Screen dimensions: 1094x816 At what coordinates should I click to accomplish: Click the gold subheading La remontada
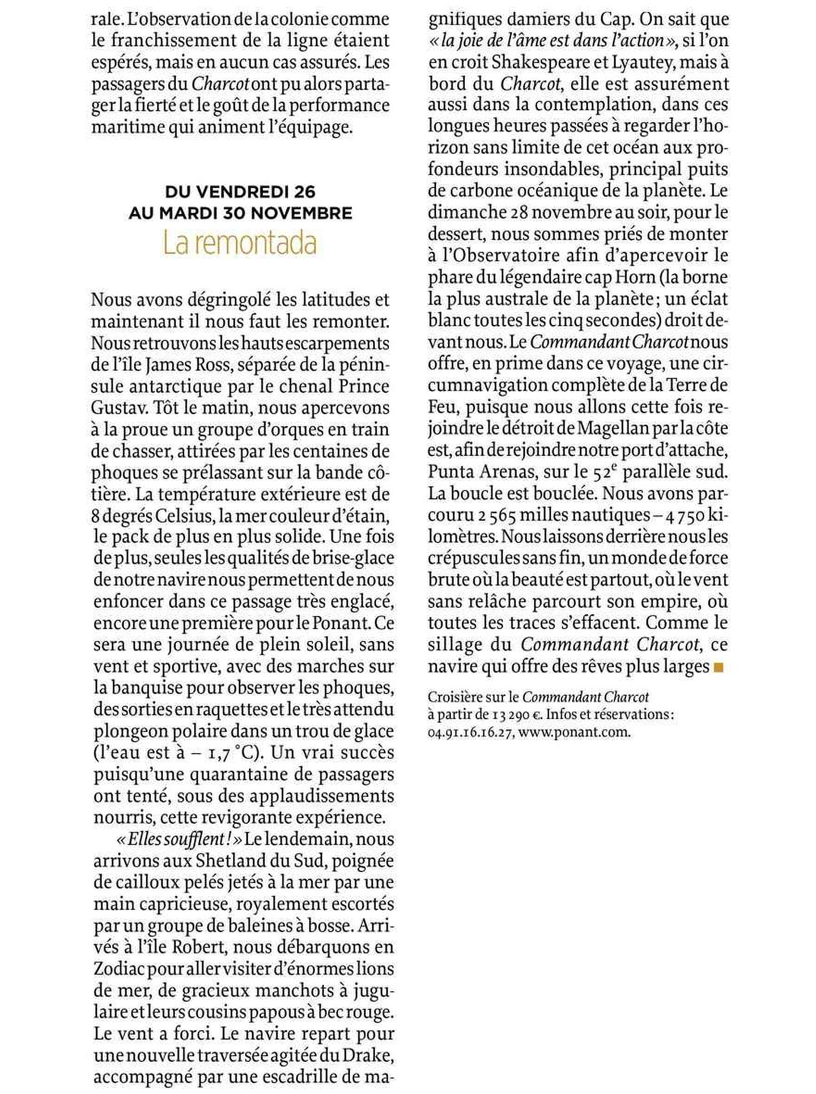pyautogui.click(x=240, y=243)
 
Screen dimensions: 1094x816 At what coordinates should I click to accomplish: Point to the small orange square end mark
pyautogui.click(x=720, y=668)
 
